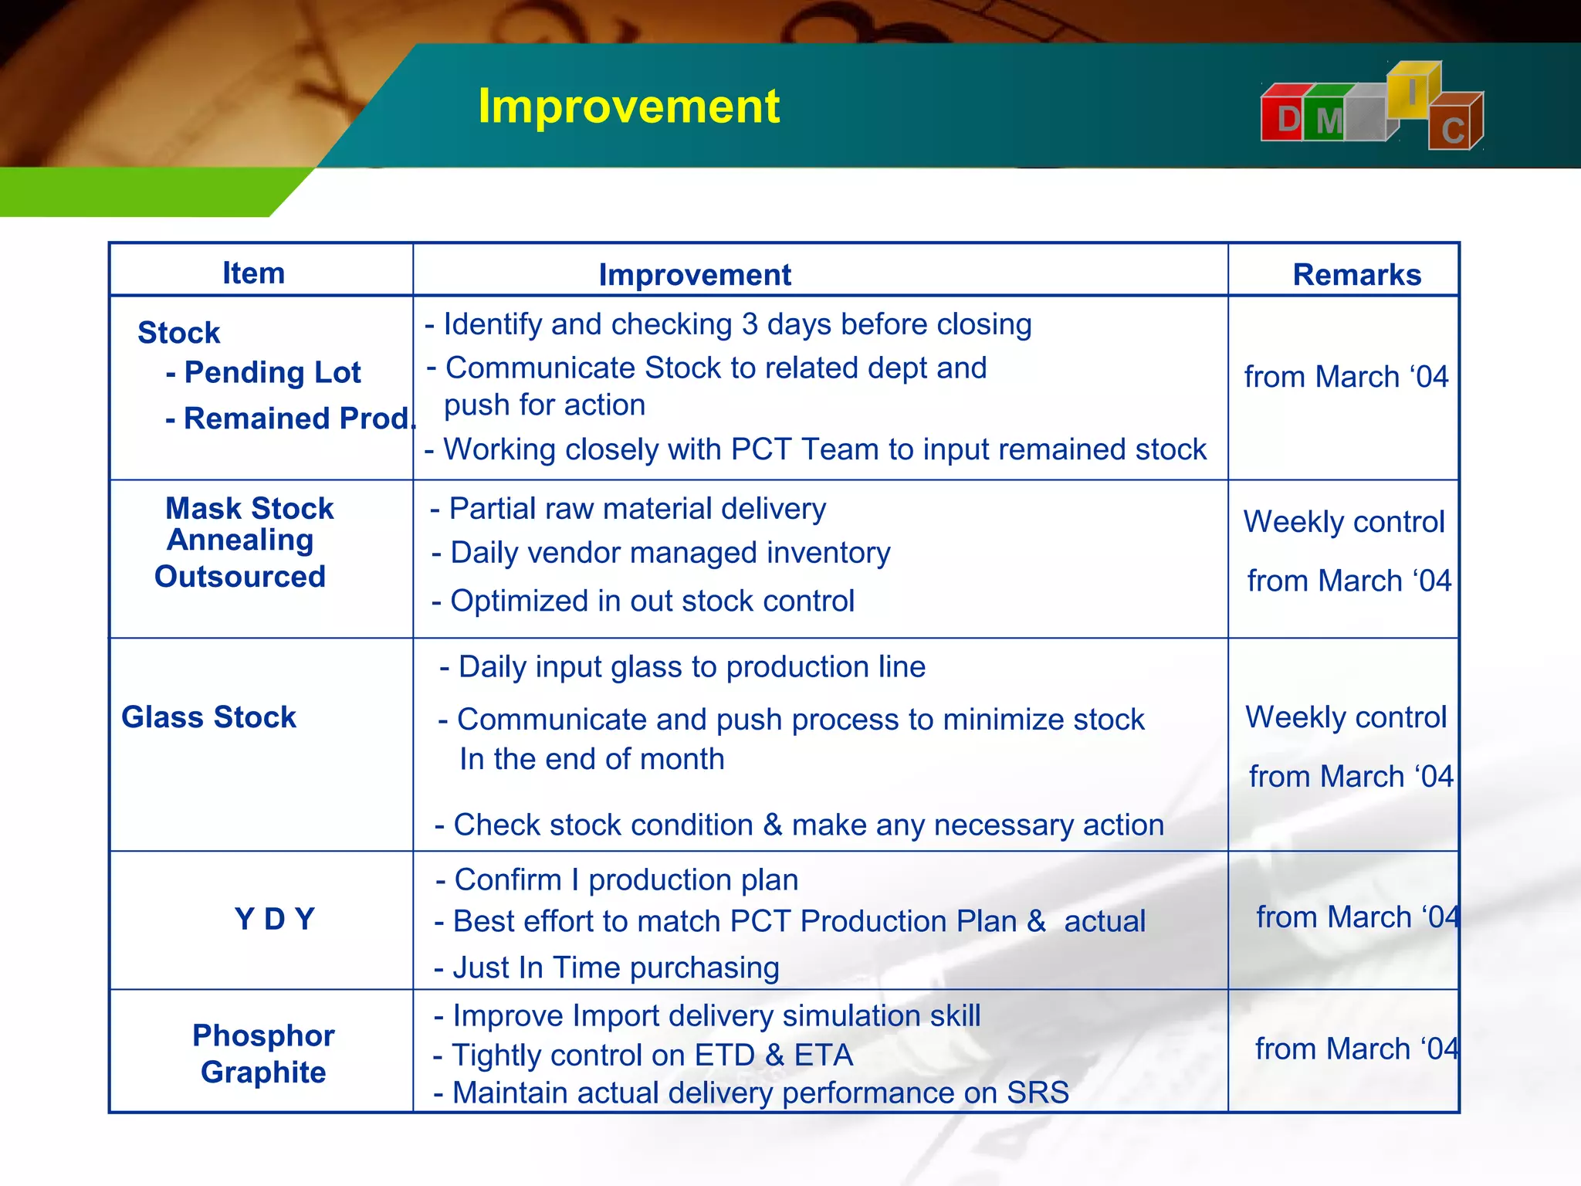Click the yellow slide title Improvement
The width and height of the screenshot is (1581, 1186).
[628, 106]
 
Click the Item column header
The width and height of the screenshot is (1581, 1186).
[253, 273]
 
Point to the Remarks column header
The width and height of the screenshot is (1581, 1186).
[1356, 275]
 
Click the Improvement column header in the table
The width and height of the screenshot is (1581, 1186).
[695, 275]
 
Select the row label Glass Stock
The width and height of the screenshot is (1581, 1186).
[208, 717]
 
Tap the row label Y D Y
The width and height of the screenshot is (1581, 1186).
[275, 919]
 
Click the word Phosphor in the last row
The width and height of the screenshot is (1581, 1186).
[263, 1035]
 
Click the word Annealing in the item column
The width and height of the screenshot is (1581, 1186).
[240, 540]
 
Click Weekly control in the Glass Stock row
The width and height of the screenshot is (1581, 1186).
[1346, 717]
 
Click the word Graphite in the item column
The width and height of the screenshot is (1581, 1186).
[263, 1072]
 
